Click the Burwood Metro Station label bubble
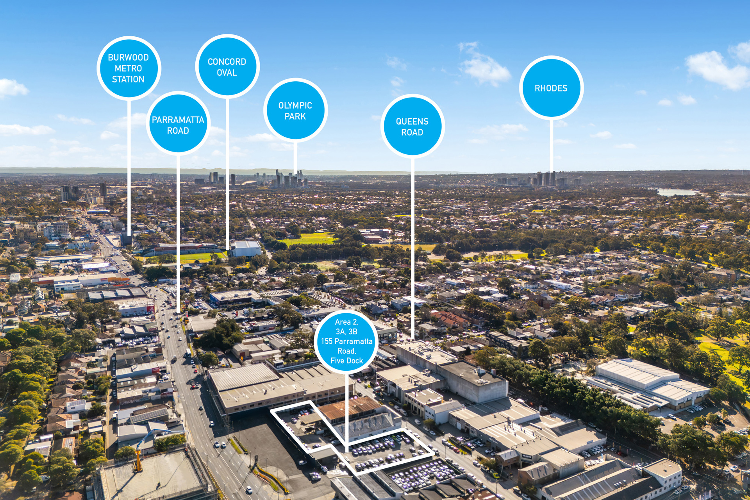click(x=129, y=68)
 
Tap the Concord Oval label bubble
click(x=227, y=67)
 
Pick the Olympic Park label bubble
click(x=295, y=111)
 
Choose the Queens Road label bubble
click(x=412, y=126)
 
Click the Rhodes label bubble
click(x=551, y=88)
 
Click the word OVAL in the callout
click(x=227, y=73)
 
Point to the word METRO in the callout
click(x=128, y=68)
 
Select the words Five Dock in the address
click(x=346, y=361)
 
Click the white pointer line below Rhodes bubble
click(x=552, y=146)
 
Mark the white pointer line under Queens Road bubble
click(x=412, y=248)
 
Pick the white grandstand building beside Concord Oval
click(x=246, y=249)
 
